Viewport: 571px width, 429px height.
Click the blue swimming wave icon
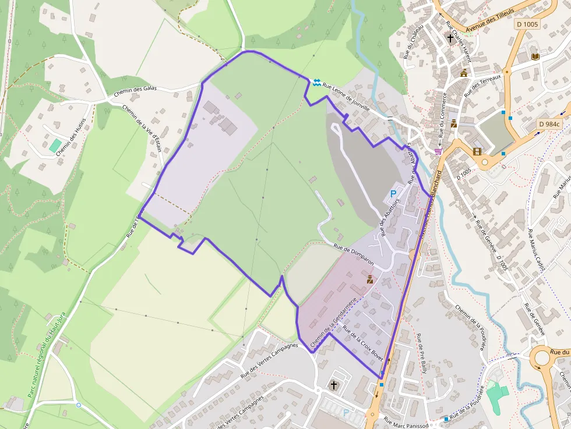[316, 83]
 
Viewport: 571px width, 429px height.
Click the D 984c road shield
[549, 124]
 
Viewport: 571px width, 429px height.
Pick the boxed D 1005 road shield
[527, 24]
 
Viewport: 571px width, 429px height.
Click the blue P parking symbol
[393, 193]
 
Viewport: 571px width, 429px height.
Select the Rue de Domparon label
[353, 255]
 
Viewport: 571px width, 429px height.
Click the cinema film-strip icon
[478, 152]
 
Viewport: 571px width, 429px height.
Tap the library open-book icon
[535, 56]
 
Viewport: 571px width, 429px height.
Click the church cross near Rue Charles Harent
[450, 39]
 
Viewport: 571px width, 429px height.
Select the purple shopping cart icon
[438, 151]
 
